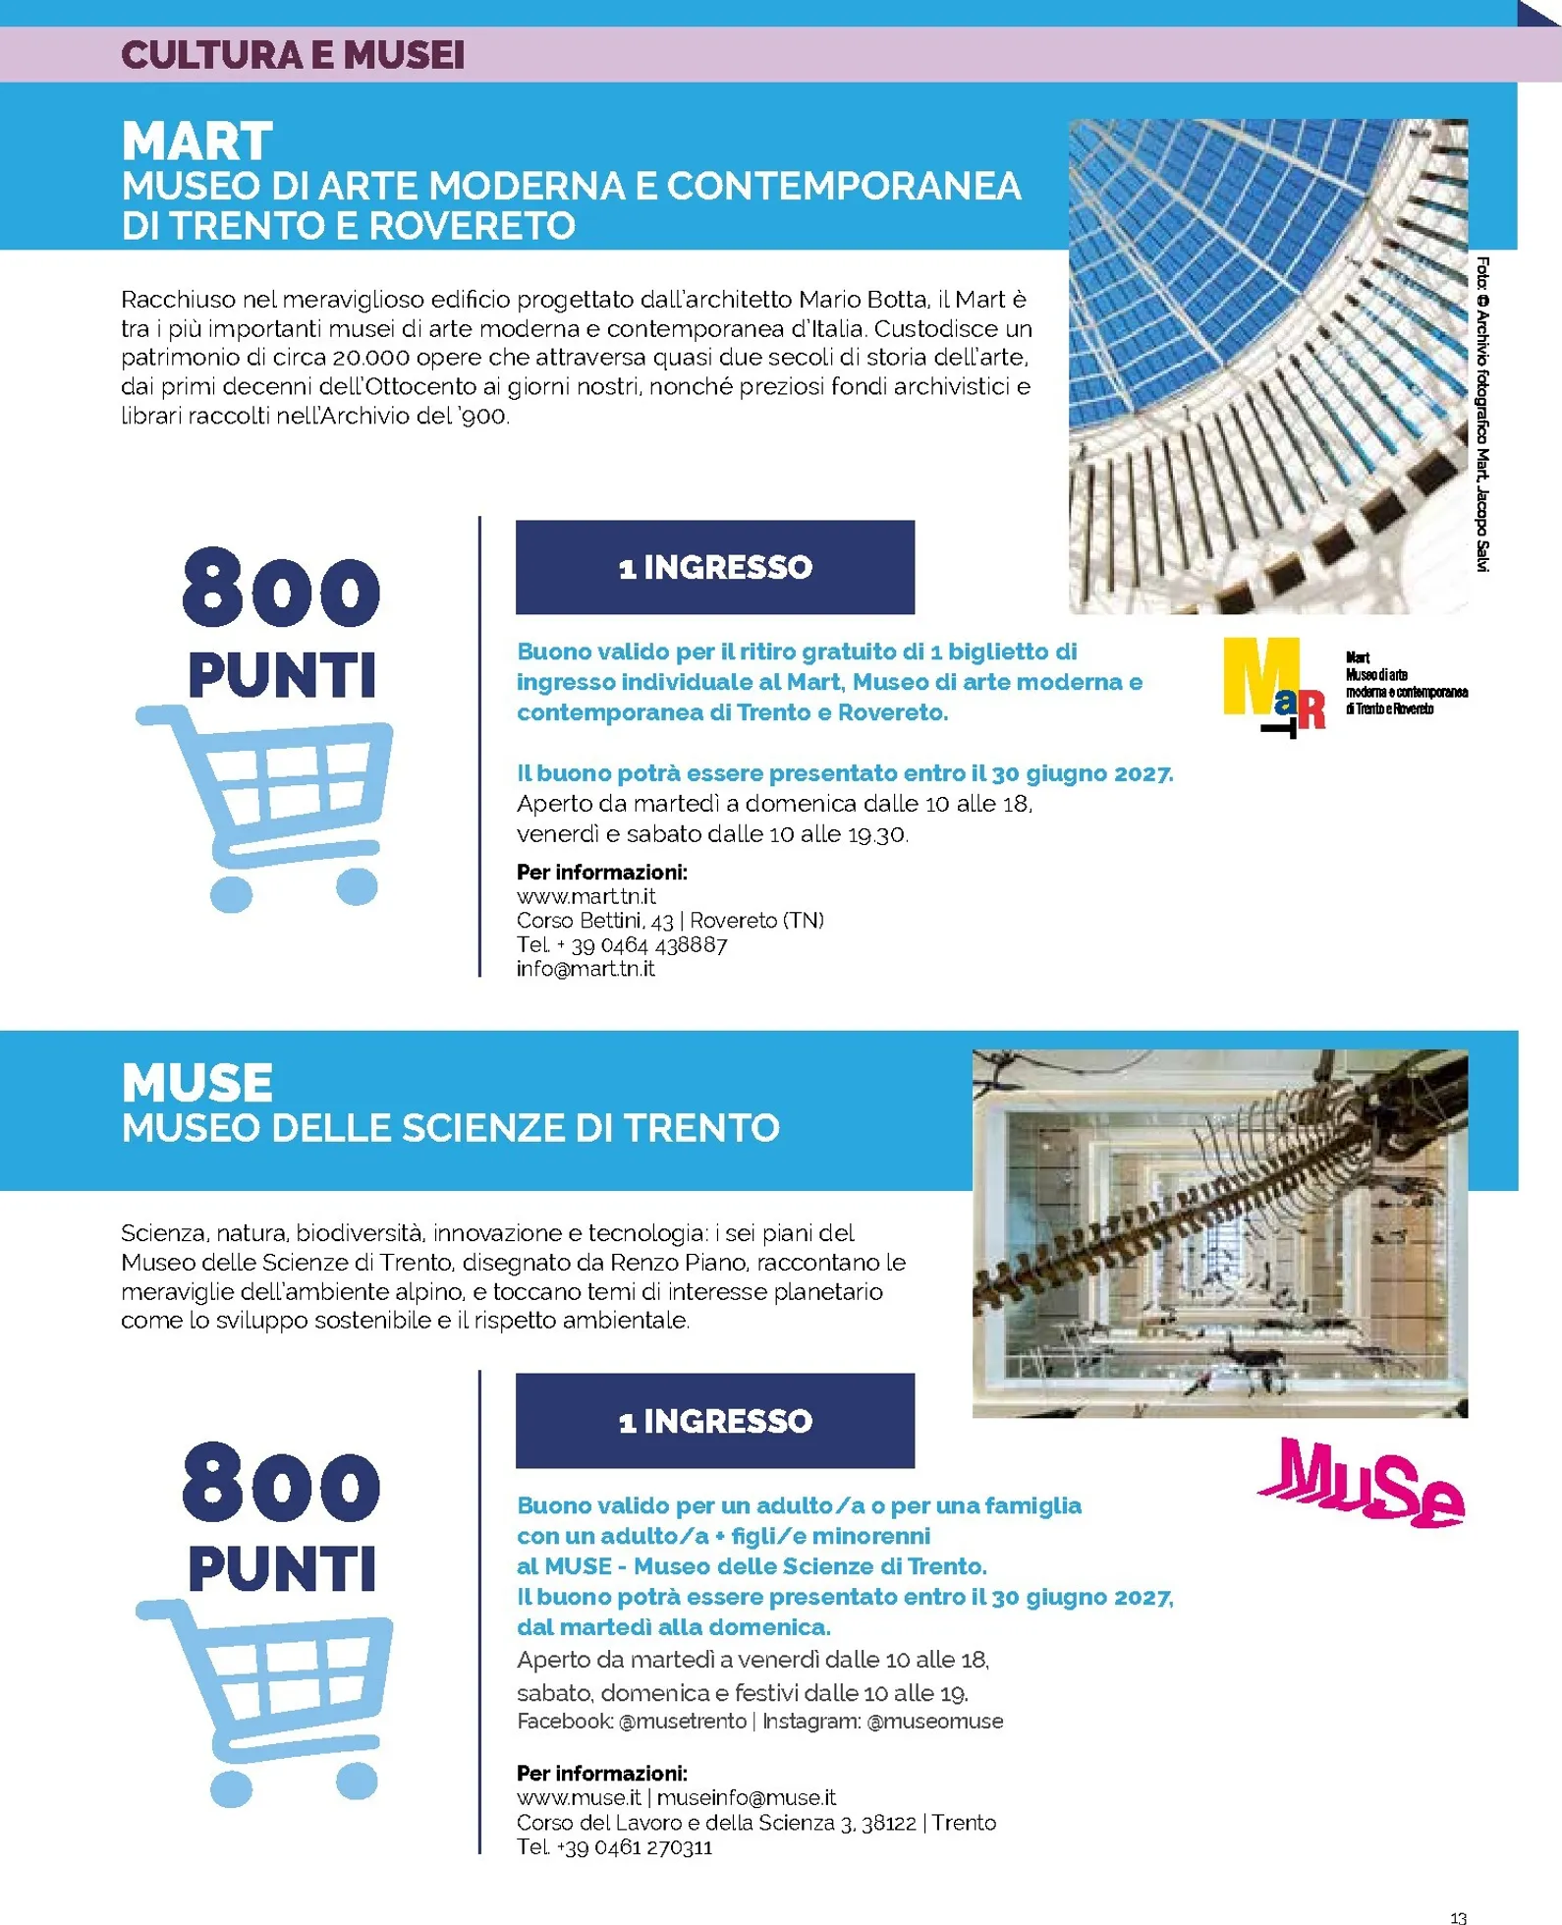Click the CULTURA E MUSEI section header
pos(293,55)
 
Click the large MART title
pos(197,142)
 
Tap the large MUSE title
pos(197,1083)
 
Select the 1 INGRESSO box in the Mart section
pos(714,567)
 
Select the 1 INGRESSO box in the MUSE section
pos(714,1421)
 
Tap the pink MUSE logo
pos(1362,1482)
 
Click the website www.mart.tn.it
pos(586,896)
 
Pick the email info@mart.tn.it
pos(586,969)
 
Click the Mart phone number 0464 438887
pos(649,945)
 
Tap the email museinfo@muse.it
pos(746,1797)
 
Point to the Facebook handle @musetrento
pos(683,1721)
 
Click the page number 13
pos(1458,1917)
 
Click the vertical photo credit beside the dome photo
pos(1482,414)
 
